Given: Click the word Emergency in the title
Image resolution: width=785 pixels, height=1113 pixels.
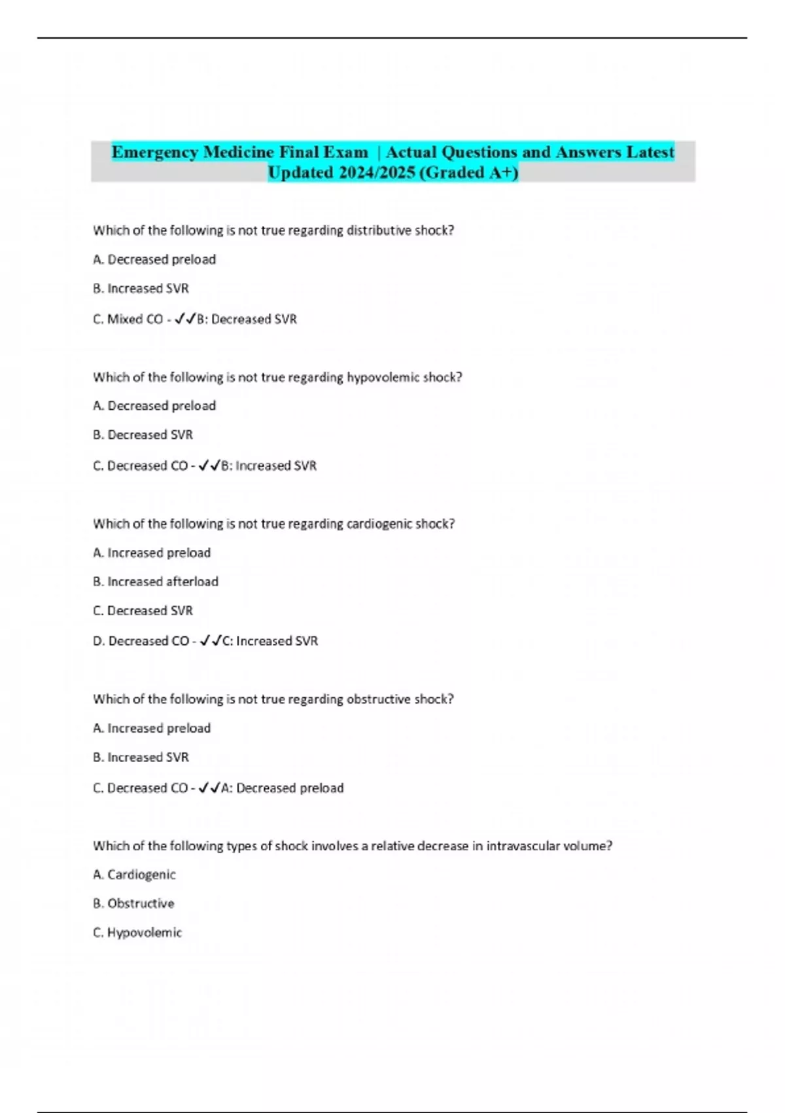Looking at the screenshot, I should pyautogui.click(x=155, y=152).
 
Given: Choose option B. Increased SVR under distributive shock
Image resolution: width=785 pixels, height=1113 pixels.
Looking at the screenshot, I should pyautogui.click(x=141, y=289).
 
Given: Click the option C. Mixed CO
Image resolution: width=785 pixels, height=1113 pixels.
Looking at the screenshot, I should pyautogui.click(x=128, y=319).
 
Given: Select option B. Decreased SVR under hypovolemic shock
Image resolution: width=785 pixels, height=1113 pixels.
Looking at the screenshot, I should pyautogui.click(x=143, y=435).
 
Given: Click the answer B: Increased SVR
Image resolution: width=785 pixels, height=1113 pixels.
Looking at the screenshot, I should pyautogui.click(x=268, y=466).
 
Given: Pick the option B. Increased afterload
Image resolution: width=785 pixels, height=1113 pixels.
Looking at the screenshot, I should pyautogui.click(x=156, y=581).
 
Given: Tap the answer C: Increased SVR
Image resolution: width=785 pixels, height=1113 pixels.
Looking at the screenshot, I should pyautogui.click(x=270, y=641).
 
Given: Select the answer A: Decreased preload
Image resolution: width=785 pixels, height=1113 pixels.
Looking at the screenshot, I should pyautogui.click(x=282, y=788).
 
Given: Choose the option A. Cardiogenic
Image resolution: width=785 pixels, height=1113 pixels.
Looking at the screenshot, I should pyautogui.click(x=134, y=875).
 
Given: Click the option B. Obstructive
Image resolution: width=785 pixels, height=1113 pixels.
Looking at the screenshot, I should pyautogui.click(x=133, y=903).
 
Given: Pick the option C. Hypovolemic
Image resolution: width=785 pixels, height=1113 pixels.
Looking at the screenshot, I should pyautogui.click(x=137, y=932).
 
